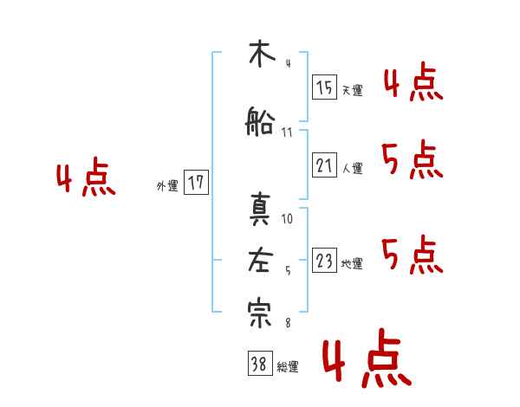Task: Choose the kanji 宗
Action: pos(259,313)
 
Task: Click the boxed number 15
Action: pos(324,87)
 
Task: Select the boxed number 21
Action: pos(324,165)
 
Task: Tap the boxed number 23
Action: pos(324,261)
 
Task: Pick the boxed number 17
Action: pos(197,183)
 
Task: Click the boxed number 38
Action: pos(259,364)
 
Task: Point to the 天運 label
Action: pos(352,89)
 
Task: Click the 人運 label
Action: pos(352,168)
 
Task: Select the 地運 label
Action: pos(352,263)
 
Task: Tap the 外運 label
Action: pos(167,185)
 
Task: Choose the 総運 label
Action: pos(288,366)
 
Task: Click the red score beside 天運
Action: pos(413,83)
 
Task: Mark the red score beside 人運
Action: pos(413,159)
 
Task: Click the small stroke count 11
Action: pos(287,132)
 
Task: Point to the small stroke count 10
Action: pos(288,219)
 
